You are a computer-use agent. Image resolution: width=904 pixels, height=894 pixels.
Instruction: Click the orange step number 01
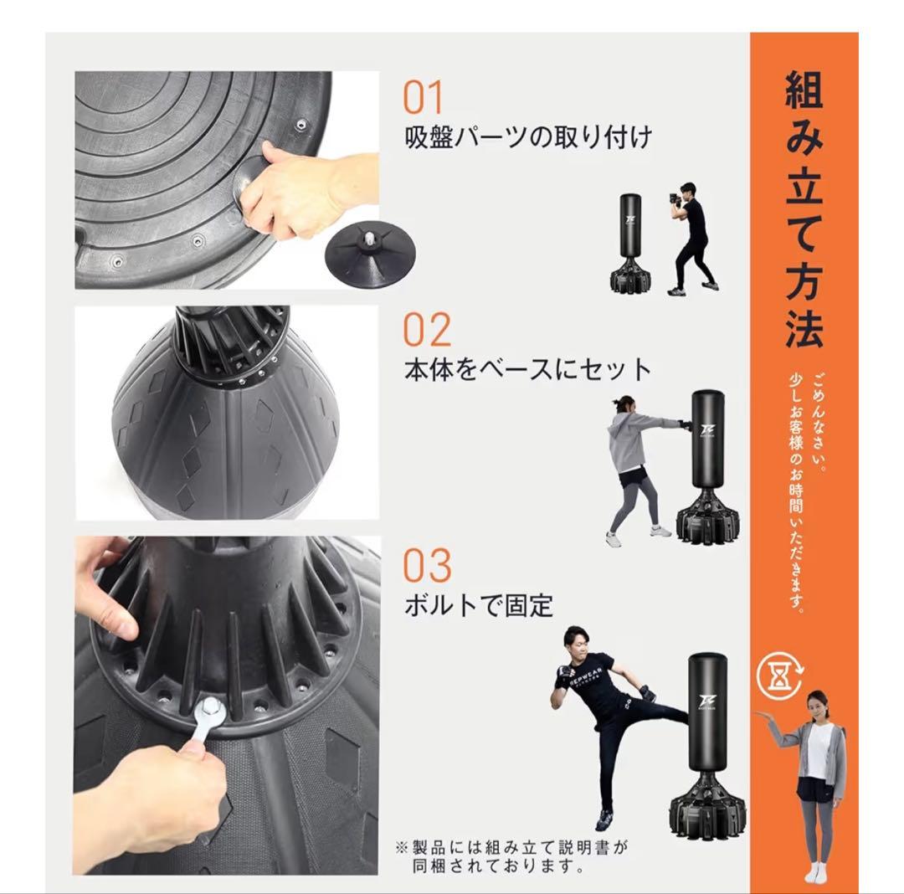(423, 99)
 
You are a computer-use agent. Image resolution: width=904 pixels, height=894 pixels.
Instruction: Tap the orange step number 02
(426, 330)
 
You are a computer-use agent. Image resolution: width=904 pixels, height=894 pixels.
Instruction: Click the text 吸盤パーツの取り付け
(527, 136)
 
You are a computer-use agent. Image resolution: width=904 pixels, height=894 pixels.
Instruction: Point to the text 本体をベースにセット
(527, 369)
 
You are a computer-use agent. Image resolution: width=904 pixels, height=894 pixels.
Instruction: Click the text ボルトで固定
(478, 604)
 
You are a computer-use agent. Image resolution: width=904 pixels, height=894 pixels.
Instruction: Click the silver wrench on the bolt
(206, 719)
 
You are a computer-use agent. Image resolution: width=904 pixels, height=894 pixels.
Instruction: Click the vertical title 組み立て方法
(803, 209)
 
